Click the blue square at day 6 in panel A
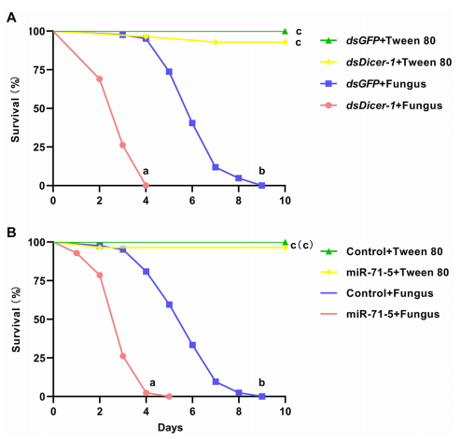[x=192, y=123]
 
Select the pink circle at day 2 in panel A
[x=100, y=78]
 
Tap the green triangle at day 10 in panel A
[x=285, y=31]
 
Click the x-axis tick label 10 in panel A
[x=285, y=200]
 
